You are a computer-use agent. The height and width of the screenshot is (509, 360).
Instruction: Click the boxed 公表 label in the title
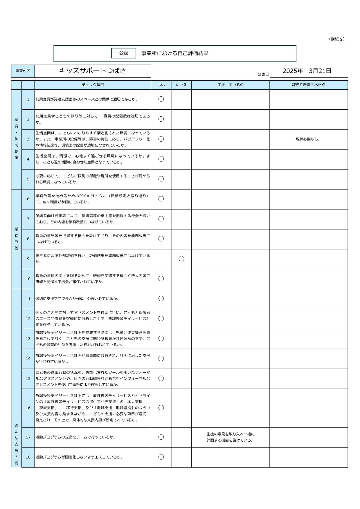tap(124, 53)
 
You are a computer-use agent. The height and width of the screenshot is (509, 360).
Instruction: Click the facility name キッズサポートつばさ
tap(93, 71)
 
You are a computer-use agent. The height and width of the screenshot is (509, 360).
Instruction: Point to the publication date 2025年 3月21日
tap(307, 71)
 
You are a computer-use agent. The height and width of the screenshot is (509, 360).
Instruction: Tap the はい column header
tap(161, 85)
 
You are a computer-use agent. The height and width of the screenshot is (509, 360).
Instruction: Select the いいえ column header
tap(181, 85)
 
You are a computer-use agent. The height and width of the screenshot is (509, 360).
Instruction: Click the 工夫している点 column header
tap(231, 85)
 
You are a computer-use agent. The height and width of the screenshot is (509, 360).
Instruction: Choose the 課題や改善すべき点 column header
tap(309, 85)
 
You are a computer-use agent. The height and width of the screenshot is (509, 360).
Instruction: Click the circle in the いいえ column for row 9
tap(181, 259)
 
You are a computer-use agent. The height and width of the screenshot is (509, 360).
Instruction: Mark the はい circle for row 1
tap(161, 99)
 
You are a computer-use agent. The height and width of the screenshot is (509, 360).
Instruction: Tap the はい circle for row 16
tap(161, 408)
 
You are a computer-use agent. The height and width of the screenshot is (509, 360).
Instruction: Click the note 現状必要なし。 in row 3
tap(308, 139)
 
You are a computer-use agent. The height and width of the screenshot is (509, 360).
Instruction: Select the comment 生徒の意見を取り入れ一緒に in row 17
tap(231, 434)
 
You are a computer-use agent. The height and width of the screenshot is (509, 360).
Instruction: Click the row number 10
tap(28, 279)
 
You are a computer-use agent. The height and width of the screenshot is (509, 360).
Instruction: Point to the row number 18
tap(28, 457)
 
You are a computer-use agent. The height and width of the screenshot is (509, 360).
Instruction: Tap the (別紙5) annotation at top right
tap(337, 39)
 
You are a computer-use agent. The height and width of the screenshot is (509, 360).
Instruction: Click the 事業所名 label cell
tap(23, 71)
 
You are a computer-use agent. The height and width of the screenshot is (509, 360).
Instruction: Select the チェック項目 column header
tap(93, 85)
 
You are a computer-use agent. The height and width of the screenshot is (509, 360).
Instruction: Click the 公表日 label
tap(263, 74)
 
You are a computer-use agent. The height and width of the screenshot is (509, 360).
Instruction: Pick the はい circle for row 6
tap(161, 199)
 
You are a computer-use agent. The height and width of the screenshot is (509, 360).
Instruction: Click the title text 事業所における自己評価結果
tap(175, 53)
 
